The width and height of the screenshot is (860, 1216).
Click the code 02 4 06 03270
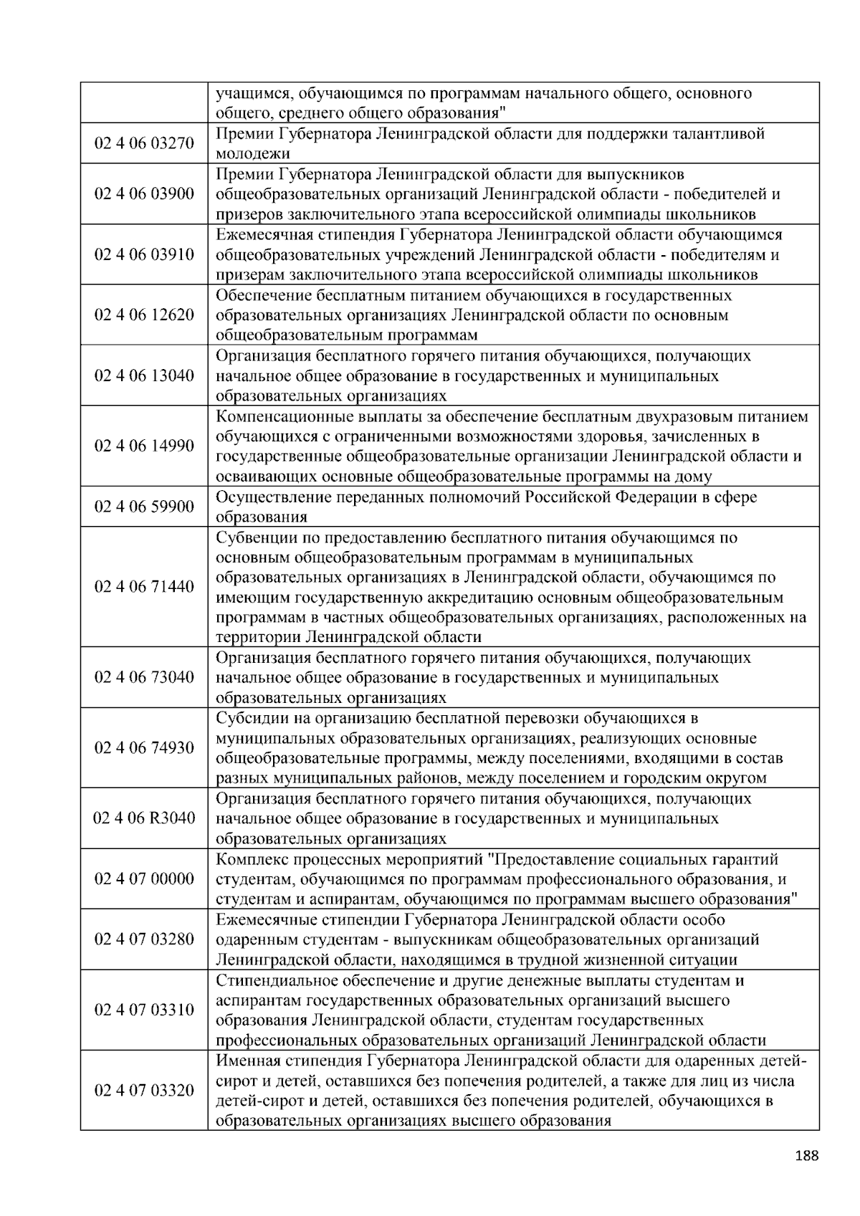coord(144,143)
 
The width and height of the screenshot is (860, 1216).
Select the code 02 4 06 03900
coord(144,194)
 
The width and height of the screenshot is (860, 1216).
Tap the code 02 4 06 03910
coord(144,255)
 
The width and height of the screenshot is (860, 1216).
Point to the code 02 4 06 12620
coord(144,315)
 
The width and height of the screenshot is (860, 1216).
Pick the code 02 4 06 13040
coord(144,376)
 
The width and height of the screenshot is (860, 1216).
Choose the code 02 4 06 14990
coord(144,446)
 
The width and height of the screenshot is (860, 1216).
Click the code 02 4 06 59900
coord(144,507)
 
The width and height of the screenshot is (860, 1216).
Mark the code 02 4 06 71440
coord(144,587)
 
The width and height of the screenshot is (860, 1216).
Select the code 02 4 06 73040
coord(144,678)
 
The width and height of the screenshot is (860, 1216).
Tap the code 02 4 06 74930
coord(144,748)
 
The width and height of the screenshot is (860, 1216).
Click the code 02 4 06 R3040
coord(144,818)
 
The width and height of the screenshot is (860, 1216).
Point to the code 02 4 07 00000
coord(144,879)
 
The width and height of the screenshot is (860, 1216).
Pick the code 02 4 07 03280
coord(144,939)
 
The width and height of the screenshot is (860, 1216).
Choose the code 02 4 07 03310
coord(144,1010)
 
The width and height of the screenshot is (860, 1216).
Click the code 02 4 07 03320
coord(144,1091)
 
